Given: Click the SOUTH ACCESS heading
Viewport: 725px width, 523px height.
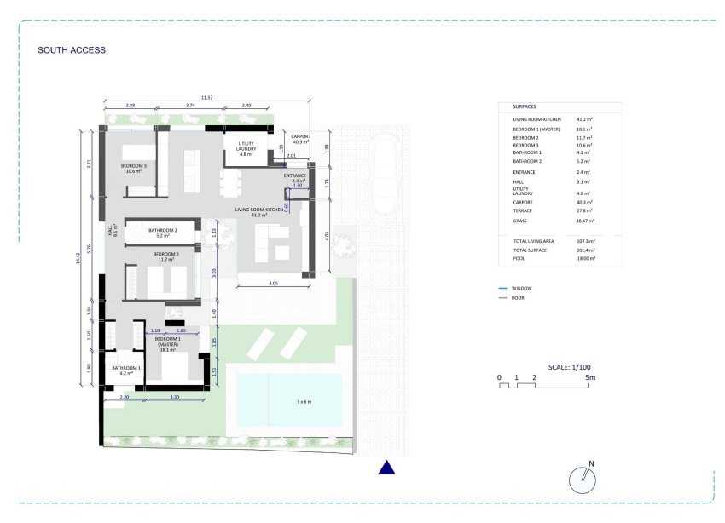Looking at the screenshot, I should [x=72, y=50].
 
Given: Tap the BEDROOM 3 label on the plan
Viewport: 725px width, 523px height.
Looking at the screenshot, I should [x=133, y=168].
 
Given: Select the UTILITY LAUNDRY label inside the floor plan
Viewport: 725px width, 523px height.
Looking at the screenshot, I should [x=246, y=148].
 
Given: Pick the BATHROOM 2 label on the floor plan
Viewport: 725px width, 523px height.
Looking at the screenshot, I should [x=162, y=233].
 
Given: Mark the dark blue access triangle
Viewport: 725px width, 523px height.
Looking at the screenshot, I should [x=386, y=467].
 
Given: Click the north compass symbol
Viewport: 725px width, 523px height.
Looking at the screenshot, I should [x=582, y=479].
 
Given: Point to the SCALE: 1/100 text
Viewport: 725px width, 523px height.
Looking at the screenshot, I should [x=571, y=366].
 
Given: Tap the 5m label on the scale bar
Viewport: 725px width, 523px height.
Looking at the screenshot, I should [x=589, y=376].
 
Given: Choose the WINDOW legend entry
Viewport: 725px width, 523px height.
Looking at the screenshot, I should [x=521, y=289].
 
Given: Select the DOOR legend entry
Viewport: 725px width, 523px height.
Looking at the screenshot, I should [x=519, y=298].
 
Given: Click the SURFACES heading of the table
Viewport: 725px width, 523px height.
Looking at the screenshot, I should [x=525, y=107].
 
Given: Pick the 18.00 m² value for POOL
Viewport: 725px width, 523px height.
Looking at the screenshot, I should [x=586, y=257].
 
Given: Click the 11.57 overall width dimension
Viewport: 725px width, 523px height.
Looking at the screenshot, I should [x=206, y=98].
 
